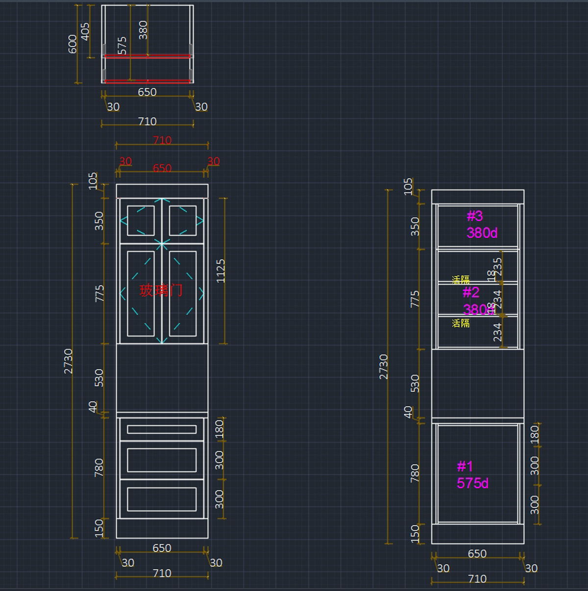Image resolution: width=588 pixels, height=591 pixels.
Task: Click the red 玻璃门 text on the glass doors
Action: click(x=161, y=291)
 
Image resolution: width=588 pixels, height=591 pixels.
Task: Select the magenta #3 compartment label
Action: click(x=475, y=216)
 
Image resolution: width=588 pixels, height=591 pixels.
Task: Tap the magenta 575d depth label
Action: click(x=472, y=483)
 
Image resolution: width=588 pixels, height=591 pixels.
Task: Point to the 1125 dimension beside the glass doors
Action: click(x=220, y=271)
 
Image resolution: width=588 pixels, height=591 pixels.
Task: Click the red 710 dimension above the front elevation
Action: click(x=162, y=140)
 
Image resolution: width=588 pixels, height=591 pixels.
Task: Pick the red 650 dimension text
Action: click(x=162, y=168)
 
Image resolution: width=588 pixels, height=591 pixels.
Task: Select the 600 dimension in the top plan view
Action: click(x=73, y=44)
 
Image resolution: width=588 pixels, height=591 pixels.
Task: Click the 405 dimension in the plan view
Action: click(x=85, y=31)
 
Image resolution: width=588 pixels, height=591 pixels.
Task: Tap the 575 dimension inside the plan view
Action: click(x=122, y=45)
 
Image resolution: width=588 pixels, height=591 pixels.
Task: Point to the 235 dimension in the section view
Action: click(x=498, y=267)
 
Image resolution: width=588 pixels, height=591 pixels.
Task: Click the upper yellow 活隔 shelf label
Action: click(x=461, y=280)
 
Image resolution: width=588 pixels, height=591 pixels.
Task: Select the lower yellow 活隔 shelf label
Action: click(x=461, y=323)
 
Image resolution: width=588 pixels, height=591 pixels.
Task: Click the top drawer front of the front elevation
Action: click(x=162, y=429)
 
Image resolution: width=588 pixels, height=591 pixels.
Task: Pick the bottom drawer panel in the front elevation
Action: click(x=162, y=499)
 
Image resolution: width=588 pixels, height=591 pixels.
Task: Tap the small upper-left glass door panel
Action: click(x=141, y=221)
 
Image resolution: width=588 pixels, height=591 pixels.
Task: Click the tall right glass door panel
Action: click(x=183, y=294)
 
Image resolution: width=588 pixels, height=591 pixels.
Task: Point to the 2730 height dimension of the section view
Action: click(x=384, y=367)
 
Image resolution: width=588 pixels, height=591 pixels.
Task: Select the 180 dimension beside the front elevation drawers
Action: click(x=219, y=429)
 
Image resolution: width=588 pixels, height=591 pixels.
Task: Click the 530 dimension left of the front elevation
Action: click(x=99, y=378)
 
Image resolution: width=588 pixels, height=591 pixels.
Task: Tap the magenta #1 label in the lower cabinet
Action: click(x=465, y=466)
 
